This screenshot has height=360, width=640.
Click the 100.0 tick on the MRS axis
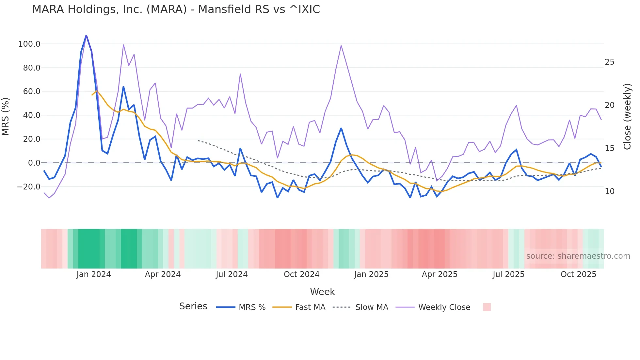point(29,44)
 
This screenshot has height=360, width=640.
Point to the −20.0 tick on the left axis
point(28,187)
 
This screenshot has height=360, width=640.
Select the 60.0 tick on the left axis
point(31,91)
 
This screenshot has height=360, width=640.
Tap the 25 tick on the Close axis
point(609,62)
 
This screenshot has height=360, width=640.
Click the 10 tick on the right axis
point(609,191)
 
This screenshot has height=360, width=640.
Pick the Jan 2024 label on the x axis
point(94,274)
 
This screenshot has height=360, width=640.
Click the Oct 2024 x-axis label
point(301,274)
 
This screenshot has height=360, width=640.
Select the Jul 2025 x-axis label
point(508,274)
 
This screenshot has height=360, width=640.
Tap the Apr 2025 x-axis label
point(440,274)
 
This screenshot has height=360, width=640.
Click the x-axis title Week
point(322,292)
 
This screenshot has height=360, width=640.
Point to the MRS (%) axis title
point(6,116)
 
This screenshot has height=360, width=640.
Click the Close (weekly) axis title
point(627,116)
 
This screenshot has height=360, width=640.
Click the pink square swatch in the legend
point(487,307)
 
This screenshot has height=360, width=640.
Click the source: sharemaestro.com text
point(578,256)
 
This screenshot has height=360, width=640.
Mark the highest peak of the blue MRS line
point(86,35)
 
